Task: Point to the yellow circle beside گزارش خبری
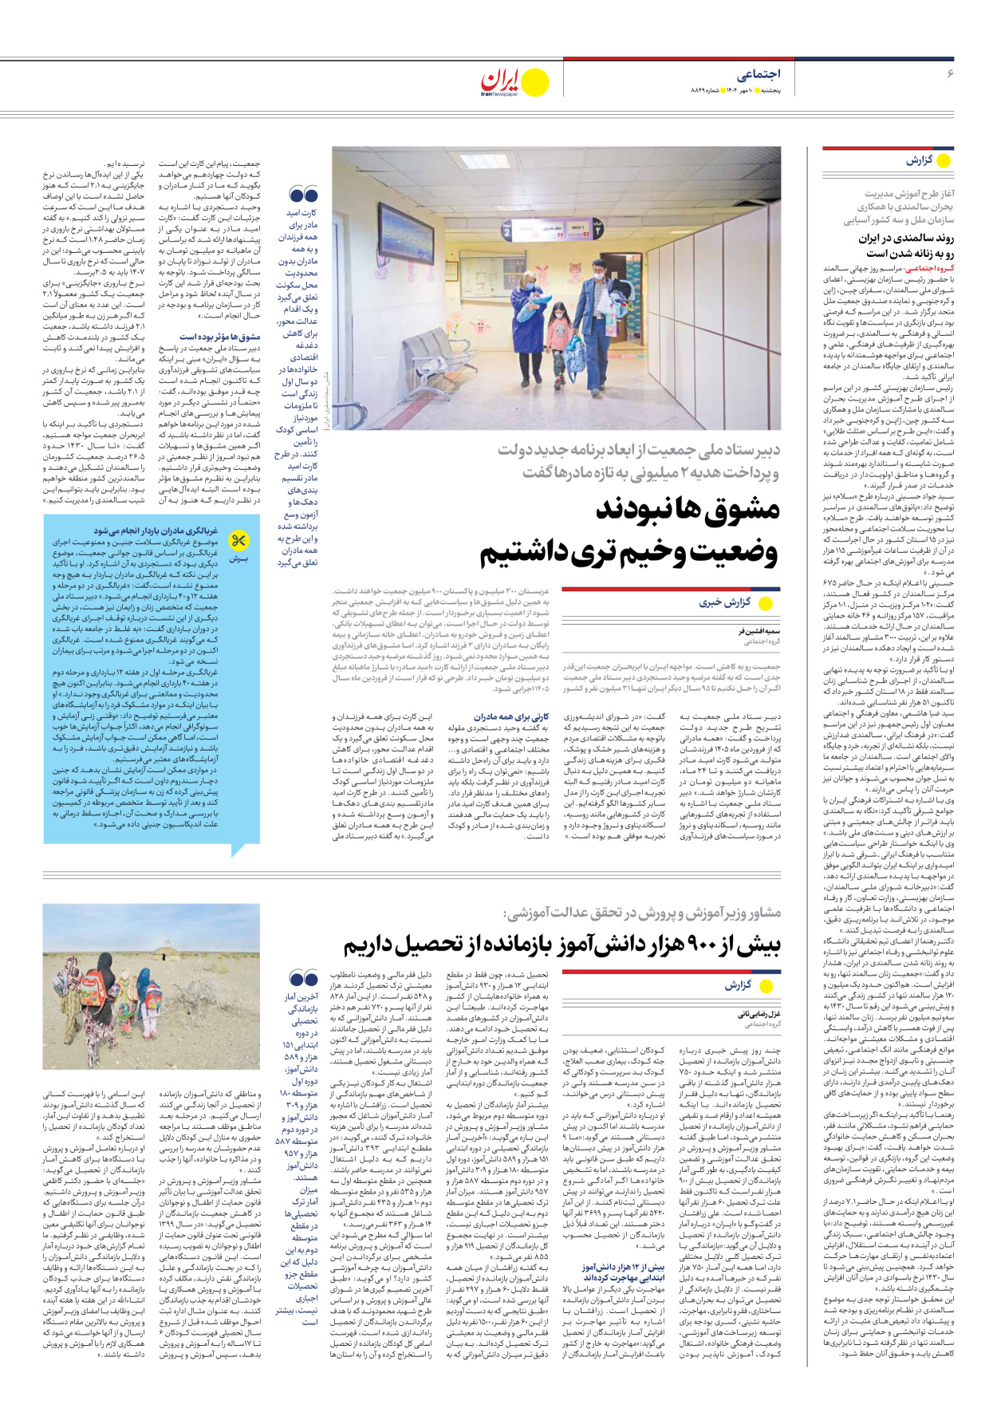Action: click(766, 603)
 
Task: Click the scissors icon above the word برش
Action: click(238, 542)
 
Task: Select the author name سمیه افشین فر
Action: click(759, 631)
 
